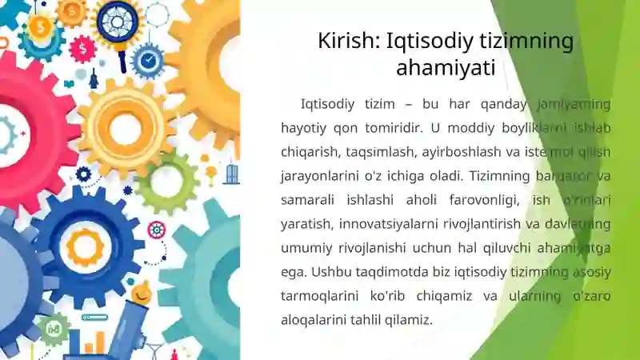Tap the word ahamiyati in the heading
[446, 68]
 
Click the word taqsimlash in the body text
[381, 152]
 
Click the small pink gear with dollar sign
[83, 49]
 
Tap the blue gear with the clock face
[148, 61]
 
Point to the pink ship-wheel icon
[157, 230]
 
